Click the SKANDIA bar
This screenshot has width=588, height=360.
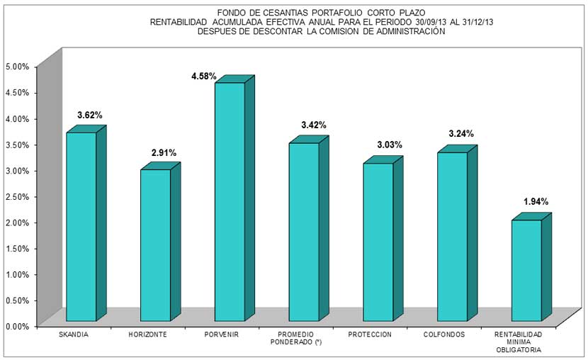[x=81, y=227]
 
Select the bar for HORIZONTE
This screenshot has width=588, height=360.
[x=155, y=245]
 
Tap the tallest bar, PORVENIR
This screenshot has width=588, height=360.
[x=230, y=202]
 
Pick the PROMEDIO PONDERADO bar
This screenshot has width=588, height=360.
[x=304, y=232]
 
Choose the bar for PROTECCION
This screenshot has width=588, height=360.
[x=378, y=242]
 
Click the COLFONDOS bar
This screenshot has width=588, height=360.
[x=452, y=237]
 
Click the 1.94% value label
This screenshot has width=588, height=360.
[x=536, y=202]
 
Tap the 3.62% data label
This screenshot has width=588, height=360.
[x=91, y=115]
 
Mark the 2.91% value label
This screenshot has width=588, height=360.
[x=164, y=152]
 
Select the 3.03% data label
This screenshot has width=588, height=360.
[x=388, y=145]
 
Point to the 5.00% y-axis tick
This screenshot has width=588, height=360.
[x=17, y=67]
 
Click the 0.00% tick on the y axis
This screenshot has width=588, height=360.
[x=17, y=326]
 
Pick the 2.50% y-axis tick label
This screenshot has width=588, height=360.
[x=17, y=196]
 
